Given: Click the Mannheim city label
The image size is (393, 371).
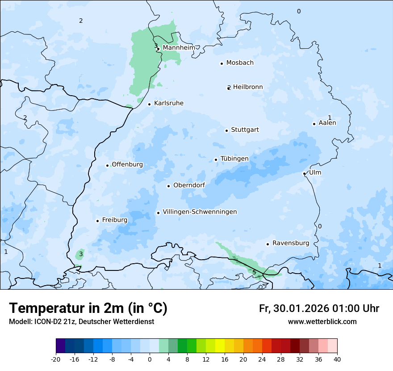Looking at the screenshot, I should (x=179, y=47).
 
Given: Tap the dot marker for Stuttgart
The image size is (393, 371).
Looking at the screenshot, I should (x=226, y=131).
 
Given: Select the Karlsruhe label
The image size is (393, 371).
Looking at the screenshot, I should (x=168, y=103).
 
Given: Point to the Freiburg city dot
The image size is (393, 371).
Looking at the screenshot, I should (x=97, y=221).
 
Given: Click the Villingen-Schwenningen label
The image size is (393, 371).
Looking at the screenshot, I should (x=200, y=212).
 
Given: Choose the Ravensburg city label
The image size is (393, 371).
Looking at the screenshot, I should (x=290, y=243).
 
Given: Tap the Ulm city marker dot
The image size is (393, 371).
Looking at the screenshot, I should (x=304, y=173).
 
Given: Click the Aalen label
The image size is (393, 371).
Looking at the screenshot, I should (x=327, y=123).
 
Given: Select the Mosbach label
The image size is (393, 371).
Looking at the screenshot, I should (x=240, y=63).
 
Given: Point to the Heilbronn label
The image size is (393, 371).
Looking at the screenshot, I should (x=248, y=87).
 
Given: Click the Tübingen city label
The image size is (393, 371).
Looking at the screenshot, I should (x=234, y=159).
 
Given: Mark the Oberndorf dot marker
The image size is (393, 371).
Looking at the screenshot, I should (x=168, y=186).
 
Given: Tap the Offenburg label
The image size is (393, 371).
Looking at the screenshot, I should (x=127, y=164).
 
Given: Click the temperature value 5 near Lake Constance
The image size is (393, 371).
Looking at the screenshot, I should (x=254, y=272).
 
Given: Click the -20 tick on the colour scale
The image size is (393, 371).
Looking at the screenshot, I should (x=56, y=359).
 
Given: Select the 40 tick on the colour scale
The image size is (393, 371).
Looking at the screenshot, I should (x=337, y=359).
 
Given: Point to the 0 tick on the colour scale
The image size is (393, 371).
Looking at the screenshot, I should (x=150, y=359).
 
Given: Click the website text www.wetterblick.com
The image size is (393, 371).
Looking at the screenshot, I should (x=322, y=321).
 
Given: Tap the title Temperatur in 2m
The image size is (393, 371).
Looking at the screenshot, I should (x=88, y=308).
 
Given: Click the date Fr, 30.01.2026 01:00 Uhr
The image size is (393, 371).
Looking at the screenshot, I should (x=319, y=308).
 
